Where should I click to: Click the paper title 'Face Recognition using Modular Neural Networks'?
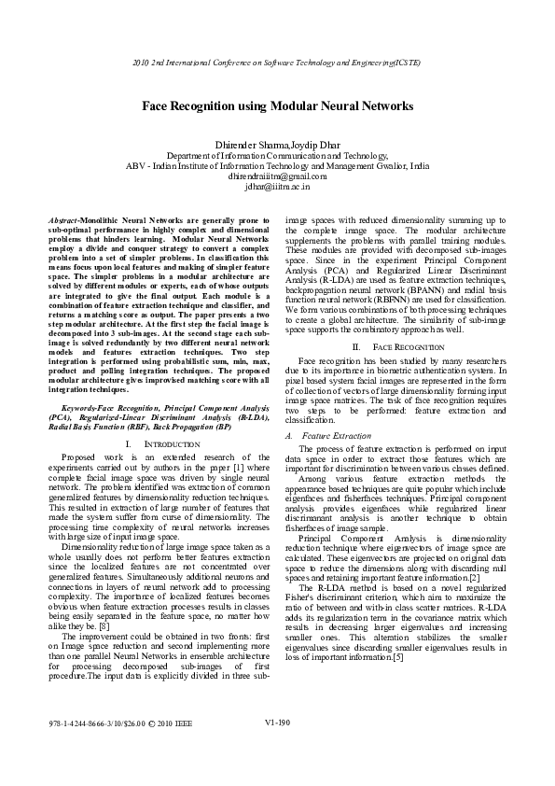[277, 107]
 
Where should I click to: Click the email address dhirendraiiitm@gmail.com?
[277, 175]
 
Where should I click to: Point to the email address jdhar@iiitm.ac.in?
[277, 186]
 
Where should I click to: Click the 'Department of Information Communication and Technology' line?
[277, 154]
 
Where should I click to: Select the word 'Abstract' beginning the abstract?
[62, 218]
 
